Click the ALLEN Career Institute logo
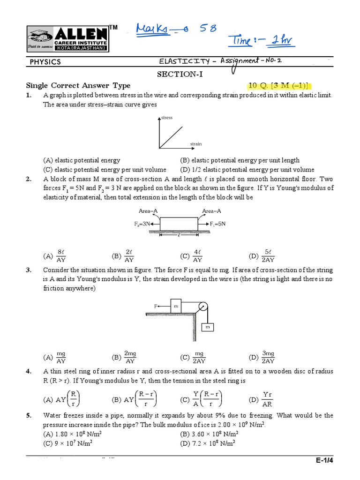coord(67,39)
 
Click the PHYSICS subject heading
coord(45,62)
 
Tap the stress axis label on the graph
coord(167,118)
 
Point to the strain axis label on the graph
coord(195,143)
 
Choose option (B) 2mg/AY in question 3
coord(125,358)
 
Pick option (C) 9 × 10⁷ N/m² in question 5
coord(73,442)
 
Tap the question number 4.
coord(29,371)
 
